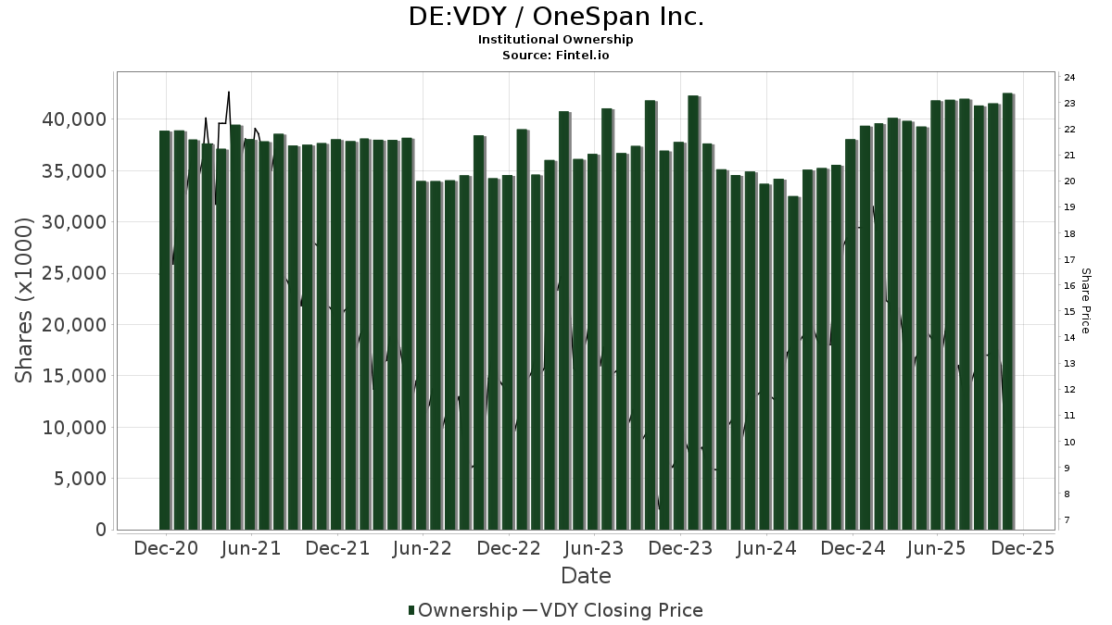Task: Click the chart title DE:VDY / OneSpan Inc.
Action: tap(556, 17)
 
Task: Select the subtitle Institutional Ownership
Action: tap(556, 40)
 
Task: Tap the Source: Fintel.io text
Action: tap(556, 56)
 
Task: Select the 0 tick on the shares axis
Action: tap(99, 530)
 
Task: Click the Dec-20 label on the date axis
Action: tap(166, 548)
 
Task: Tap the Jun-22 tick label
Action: tap(423, 548)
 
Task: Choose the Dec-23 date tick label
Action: tap(680, 548)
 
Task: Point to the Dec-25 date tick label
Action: tap(1023, 548)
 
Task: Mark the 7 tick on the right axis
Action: tap(1071, 520)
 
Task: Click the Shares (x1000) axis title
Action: tap(25, 300)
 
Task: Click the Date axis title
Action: tap(586, 576)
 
